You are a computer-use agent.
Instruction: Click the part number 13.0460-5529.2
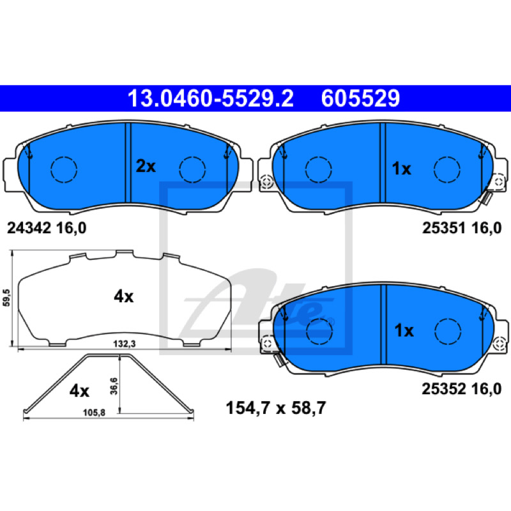click(x=211, y=98)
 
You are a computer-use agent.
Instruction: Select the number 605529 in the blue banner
click(x=360, y=98)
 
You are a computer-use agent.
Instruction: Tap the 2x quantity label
click(x=146, y=166)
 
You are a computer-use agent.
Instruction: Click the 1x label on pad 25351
click(x=401, y=169)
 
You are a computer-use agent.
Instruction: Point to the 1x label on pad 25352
click(x=404, y=330)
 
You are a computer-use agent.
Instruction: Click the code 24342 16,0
click(x=47, y=228)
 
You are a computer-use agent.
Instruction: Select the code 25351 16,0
click(x=462, y=228)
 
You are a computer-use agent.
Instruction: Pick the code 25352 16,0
click(x=461, y=389)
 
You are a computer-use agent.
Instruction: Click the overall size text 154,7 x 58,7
click(x=276, y=408)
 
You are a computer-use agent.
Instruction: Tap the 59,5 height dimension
click(x=6, y=298)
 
